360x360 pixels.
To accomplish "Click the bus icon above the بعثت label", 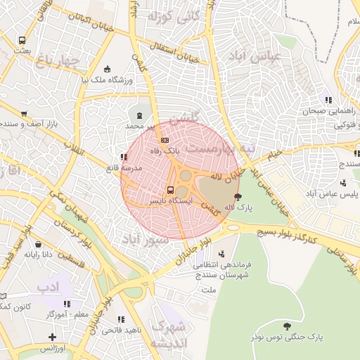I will (x=22, y=41).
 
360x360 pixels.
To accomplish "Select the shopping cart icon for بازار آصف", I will (x=24, y=113).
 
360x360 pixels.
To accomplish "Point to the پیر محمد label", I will (x=139, y=125).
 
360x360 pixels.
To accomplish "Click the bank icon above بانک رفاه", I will (x=165, y=140).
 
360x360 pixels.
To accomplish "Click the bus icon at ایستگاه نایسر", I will (x=170, y=190).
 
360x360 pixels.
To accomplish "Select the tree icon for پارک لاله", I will (x=237, y=197).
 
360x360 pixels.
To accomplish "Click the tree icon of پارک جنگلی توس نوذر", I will (x=287, y=326).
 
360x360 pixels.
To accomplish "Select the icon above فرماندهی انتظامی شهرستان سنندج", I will (x=223, y=255).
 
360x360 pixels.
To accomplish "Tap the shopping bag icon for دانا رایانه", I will (x=38, y=245).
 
